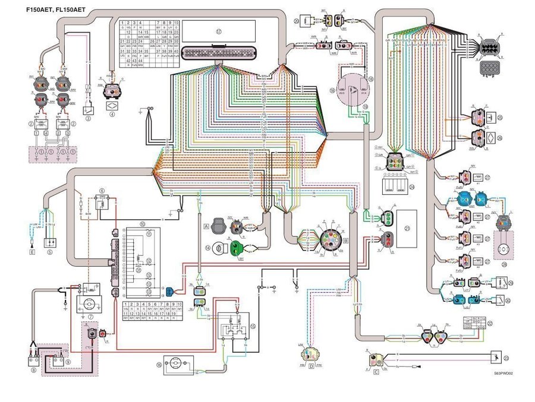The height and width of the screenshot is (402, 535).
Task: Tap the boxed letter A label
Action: point(206,226)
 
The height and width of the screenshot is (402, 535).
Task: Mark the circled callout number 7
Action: point(90,316)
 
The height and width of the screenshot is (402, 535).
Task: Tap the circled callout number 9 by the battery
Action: point(67,360)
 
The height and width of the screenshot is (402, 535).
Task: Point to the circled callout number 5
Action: point(51,252)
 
